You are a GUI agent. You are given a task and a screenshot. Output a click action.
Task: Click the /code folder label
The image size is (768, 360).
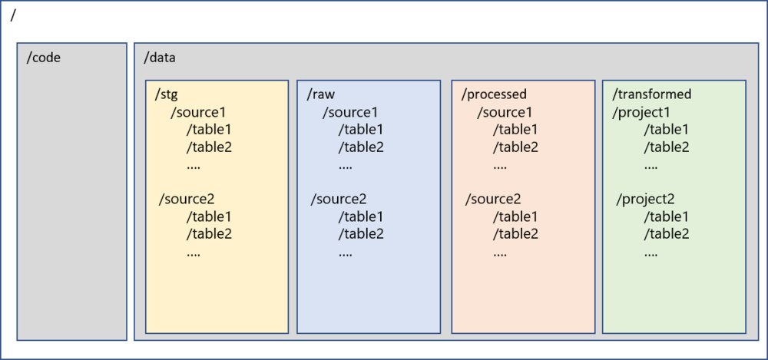pyautogui.click(x=43, y=58)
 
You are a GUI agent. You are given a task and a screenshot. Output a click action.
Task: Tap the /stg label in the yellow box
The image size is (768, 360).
pyautogui.click(x=167, y=94)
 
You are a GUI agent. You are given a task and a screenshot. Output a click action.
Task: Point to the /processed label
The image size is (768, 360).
pyautogui.click(x=494, y=94)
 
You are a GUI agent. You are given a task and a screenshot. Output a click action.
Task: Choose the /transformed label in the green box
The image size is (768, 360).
pyautogui.click(x=652, y=94)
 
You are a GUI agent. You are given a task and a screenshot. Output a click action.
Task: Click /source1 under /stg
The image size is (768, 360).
pyautogui.click(x=198, y=112)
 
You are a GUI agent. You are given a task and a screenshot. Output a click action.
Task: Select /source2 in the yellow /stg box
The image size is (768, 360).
pyautogui.click(x=187, y=200)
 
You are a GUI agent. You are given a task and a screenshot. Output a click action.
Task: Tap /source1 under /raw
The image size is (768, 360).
pyautogui.click(x=350, y=112)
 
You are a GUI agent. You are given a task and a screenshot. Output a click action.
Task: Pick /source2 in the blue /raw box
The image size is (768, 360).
pyautogui.click(x=339, y=200)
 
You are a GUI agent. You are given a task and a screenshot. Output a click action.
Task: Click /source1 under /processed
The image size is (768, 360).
pyautogui.click(x=505, y=112)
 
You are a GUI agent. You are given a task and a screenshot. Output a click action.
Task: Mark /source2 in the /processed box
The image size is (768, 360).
pyautogui.click(x=493, y=200)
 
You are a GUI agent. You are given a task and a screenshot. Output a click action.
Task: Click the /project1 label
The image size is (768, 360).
pyautogui.click(x=641, y=112)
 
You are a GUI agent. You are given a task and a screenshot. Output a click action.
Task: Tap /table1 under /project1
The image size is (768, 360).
pyautogui.click(x=666, y=129)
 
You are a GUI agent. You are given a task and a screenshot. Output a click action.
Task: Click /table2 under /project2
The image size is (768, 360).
pyautogui.click(x=666, y=233)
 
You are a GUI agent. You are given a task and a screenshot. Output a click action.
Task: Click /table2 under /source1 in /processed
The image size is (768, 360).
pyautogui.click(x=515, y=147)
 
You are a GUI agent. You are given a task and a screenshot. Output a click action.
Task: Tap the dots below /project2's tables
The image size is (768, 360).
pyautogui.click(x=650, y=252)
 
